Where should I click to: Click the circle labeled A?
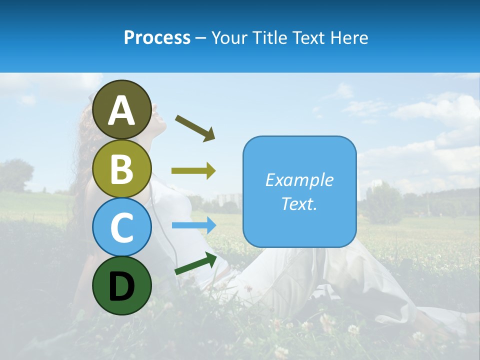(x=122, y=109)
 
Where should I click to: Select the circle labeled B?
(x=122, y=168)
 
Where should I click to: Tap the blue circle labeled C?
(x=122, y=227)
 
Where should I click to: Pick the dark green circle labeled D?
(x=122, y=285)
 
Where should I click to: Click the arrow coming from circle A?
(x=195, y=127)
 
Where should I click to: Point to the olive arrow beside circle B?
(x=193, y=171)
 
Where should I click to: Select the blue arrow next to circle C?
(x=194, y=225)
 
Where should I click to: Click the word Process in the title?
(x=157, y=37)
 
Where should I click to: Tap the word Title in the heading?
(x=270, y=37)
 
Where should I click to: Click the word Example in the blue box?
(x=299, y=180)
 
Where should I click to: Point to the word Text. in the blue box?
(x=299, y=203)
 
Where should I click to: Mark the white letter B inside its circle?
(x=122, y=168)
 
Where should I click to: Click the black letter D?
(x=122, y=285)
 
